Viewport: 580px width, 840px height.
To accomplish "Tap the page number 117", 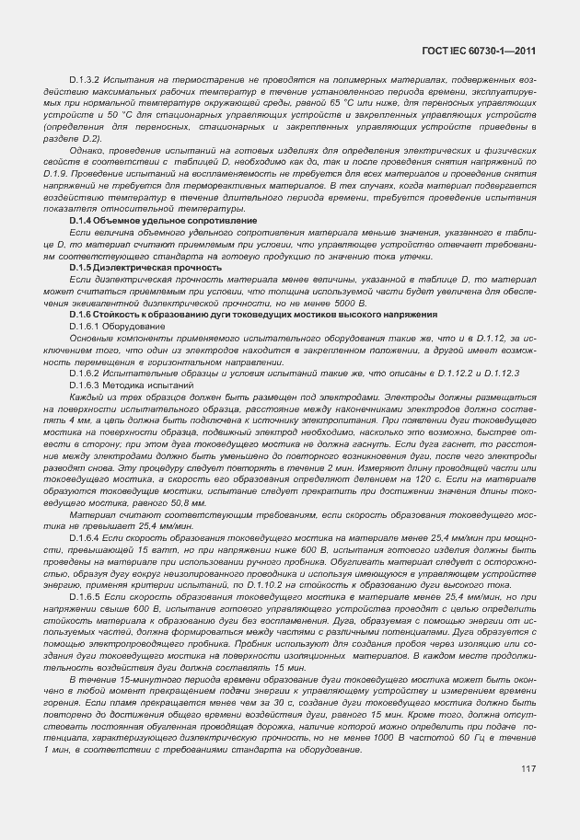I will tap(528, 769).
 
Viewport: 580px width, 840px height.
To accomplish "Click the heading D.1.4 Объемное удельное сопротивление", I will tap(162, 221).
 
